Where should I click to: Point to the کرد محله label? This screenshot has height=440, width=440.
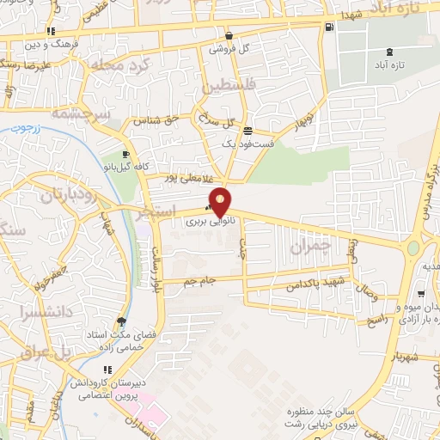144,65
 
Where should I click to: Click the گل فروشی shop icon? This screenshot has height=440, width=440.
229,36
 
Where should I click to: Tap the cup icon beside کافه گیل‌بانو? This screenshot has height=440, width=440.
126,153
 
